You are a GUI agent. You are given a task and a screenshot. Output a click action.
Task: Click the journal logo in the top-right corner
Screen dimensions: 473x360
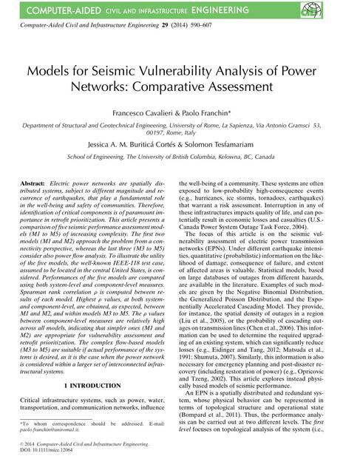click(345, 10)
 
